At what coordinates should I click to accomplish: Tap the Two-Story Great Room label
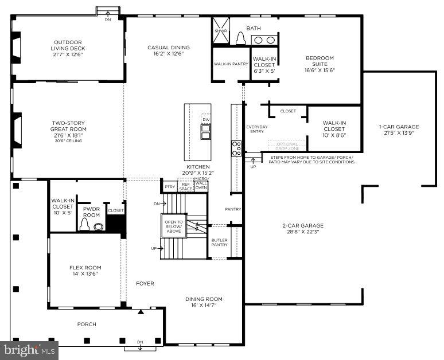pos(69,130)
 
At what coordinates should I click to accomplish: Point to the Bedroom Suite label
pos(320,64)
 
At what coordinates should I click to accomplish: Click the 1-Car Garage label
pos(399,130)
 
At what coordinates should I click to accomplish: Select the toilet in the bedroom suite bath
pos(240,38)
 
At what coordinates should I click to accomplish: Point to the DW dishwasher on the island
pos(206,119)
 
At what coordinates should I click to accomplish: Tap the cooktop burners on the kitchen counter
pos(236,148)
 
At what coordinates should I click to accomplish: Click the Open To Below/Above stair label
pos(173,226)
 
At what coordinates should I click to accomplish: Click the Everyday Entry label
pos(256,129)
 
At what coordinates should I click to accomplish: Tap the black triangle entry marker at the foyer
pos(141,312)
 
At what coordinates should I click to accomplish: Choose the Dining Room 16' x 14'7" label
pos(204,302)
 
